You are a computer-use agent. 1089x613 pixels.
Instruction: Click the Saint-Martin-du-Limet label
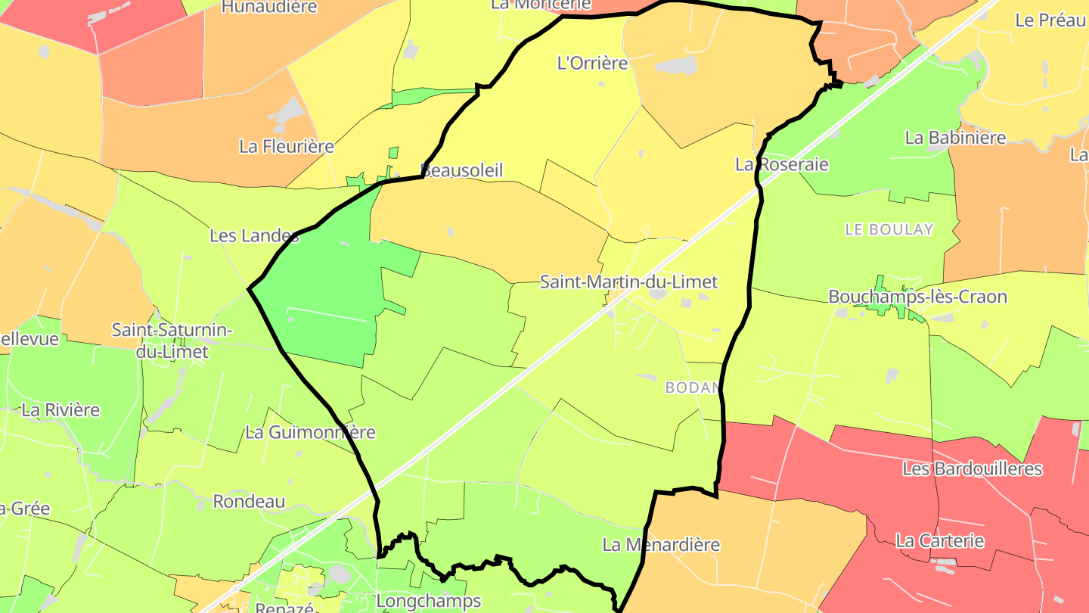628,282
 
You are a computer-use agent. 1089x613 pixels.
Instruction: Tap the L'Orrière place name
592,63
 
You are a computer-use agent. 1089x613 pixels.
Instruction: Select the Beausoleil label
461,170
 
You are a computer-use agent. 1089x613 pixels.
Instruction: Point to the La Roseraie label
782,164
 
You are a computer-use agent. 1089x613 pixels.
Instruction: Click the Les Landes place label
254,235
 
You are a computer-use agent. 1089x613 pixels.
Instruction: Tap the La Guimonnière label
310,433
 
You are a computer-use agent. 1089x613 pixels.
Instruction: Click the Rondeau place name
249,501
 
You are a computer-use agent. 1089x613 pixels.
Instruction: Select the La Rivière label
60,410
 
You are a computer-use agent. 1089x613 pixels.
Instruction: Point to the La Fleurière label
287,146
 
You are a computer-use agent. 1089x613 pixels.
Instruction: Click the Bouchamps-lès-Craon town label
917,297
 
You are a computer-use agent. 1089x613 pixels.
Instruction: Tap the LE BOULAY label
889,229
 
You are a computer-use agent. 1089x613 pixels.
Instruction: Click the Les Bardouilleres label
972,468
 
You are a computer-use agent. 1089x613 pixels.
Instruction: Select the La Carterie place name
939,540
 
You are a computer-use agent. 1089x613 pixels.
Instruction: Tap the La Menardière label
661,544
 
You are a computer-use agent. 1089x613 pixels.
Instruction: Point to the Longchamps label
428,601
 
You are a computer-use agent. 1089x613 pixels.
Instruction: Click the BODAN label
690,387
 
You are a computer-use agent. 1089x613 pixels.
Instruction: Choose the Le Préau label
1050,20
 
